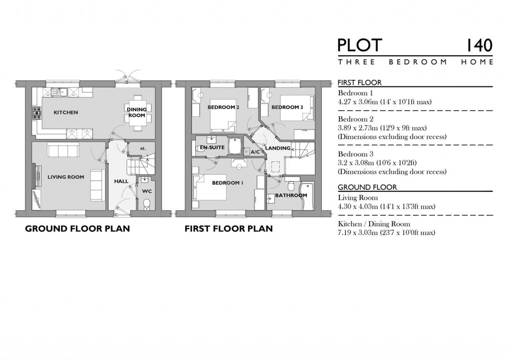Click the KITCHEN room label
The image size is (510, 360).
point(66,113)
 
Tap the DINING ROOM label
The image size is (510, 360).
point(135,113)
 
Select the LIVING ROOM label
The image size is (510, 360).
point(66,177)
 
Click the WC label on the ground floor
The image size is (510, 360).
point(146,191)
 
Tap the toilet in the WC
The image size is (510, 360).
point(146,204)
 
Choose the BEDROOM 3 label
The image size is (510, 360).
point(287,107)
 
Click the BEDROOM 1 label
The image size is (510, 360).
point(228,183)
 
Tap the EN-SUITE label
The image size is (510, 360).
point(210,148)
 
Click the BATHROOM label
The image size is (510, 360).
point(291,195)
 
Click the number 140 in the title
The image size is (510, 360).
point(480,45)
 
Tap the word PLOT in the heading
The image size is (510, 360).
point(360,45)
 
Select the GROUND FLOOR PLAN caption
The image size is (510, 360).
point(77,229)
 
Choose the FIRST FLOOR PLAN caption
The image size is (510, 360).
point(229,229)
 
